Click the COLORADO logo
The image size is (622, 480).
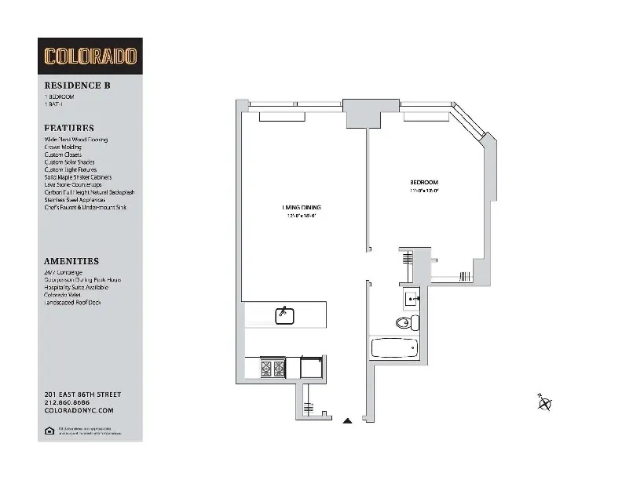point(90,56)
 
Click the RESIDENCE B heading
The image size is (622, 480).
point(71,86)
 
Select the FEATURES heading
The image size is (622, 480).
point(69,128)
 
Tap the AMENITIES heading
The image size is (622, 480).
point(71,261)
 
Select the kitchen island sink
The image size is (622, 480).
point(284,315)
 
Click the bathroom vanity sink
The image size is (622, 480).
point(412,298)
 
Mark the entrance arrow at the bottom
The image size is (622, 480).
point(347,421)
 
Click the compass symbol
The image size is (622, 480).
point(544,403)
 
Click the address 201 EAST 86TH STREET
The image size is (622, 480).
point(82,394)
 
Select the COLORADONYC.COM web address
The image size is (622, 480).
point(79,409)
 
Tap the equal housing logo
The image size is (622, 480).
point(49,430)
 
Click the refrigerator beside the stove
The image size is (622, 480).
point(311,367)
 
